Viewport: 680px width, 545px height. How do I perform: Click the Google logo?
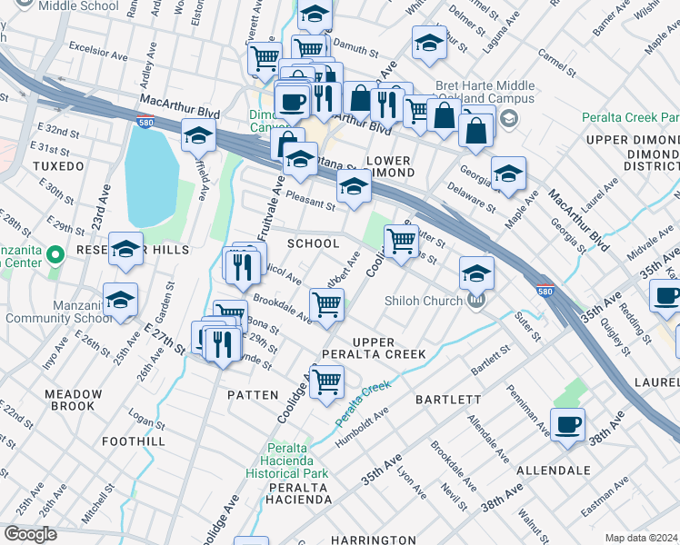[x=30, y=534]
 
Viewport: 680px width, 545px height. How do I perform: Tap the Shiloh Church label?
[x=426, y=302]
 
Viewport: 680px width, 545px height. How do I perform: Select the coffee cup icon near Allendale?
[x=567, y=424]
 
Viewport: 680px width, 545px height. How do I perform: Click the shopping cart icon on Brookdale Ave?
[x=326, y=305]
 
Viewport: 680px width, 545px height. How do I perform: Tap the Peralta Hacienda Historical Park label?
[x=286, y=461]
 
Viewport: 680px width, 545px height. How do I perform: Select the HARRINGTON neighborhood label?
[x=373, y=540]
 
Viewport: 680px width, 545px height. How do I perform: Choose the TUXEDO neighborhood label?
[x=59, y=167]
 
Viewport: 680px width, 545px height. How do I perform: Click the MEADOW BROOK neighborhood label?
[x=75, y=401]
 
